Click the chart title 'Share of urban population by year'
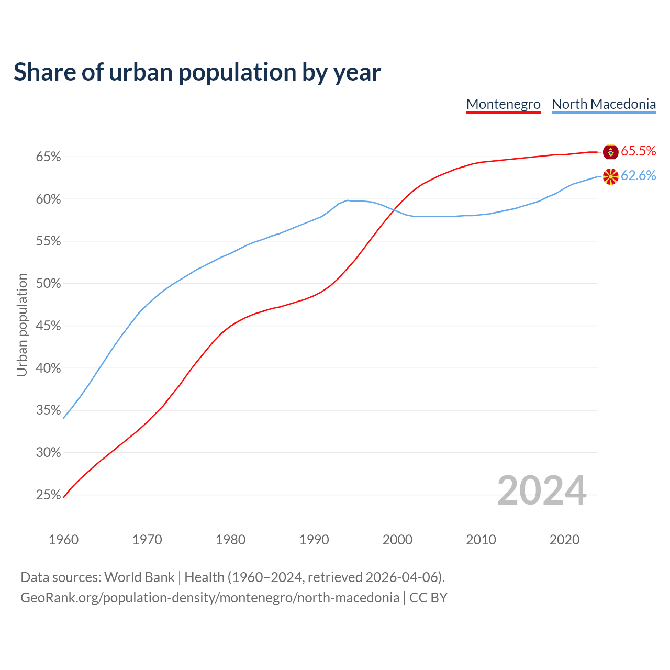click(197, 72)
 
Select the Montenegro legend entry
click(503, 104)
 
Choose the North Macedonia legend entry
click(604, 104)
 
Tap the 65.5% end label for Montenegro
click(638, 151)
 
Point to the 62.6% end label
click(638, 176)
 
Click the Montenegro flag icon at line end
click(610, 152)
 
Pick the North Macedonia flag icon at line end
click(610, 176)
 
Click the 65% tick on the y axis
click(48, 157)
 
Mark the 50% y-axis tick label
click(48, 284)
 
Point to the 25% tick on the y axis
click(48, 495)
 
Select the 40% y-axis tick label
click(48, 368)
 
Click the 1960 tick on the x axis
click(63, 540)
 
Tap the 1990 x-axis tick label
click(314, 540)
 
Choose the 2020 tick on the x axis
click(564, 540)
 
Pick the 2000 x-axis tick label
click(397, 540)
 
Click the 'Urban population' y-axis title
click(22, 325)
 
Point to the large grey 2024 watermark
click(542, 490)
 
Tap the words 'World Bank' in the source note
click(139, 577)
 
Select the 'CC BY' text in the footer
click(428, 598)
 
